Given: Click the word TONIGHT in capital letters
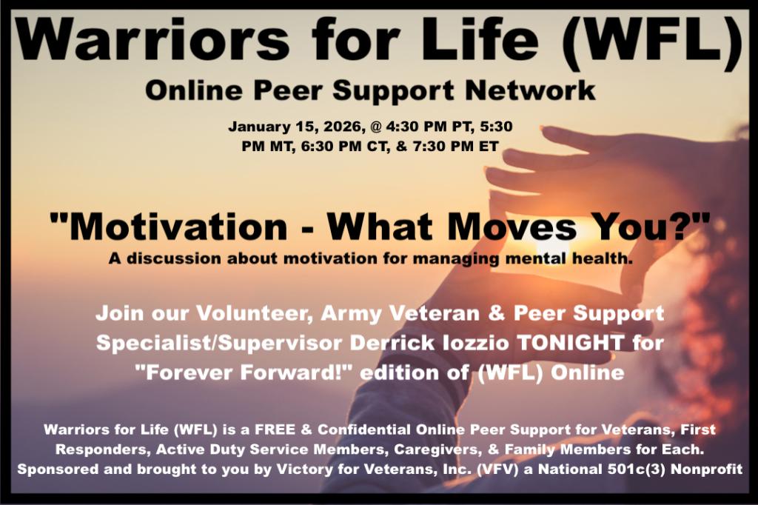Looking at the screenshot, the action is point(571,343).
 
